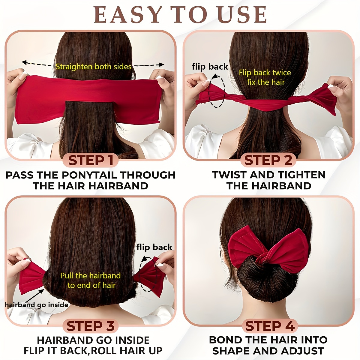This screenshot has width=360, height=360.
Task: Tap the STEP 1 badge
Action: tap(91, 160)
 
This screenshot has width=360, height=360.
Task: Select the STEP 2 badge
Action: tap(268, 160)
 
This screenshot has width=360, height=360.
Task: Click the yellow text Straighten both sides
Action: tap(93, 67)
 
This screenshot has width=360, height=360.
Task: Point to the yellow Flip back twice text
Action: tap(265, 73)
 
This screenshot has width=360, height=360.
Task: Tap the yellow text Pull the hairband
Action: tap(90, 276)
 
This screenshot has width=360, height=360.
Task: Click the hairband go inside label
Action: tap(36, 305)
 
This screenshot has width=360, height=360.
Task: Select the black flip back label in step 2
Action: tap(210, 67)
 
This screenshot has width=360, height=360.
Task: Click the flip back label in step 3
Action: tap(154, 247)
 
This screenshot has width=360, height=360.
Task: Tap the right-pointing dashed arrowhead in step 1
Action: tap(162, 64)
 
